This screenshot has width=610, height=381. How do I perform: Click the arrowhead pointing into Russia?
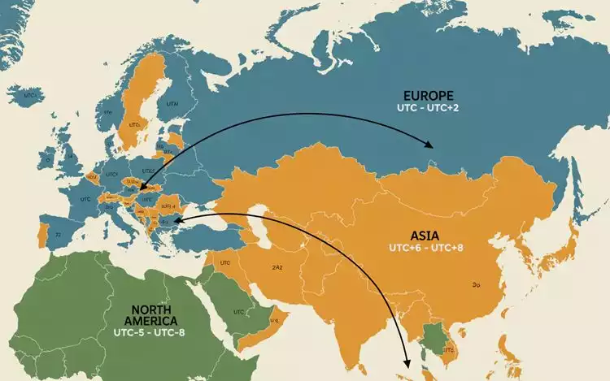click(429, 145)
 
